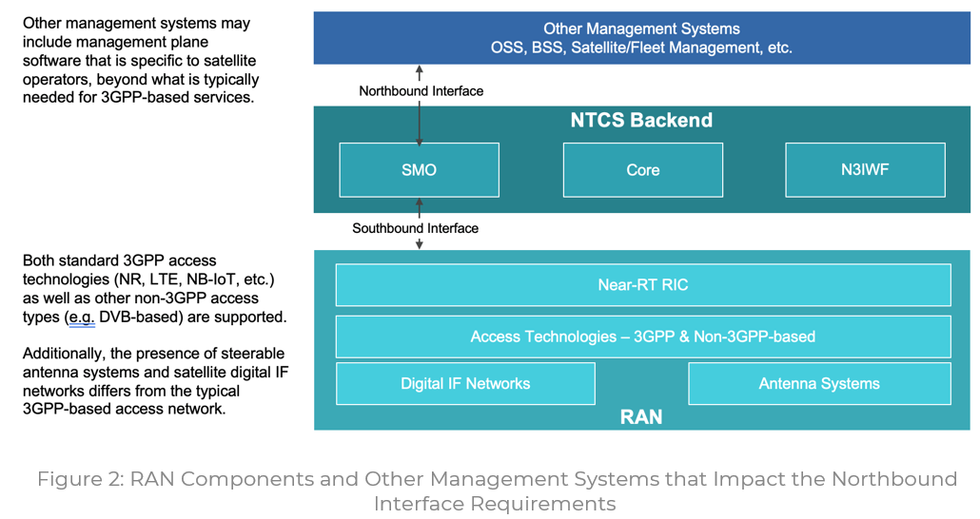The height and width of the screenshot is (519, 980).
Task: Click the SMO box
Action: pyautogui.click(x=419, y=170)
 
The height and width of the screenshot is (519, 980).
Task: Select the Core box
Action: pyautogui.click(x=642, y=170)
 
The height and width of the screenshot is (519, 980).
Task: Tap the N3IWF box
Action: pyautogui.click(x=865, y=170)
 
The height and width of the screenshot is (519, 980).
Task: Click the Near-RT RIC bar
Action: pyautogui.click(x=642, y=285)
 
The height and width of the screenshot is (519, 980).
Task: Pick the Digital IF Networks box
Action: pyautogui.click(x=465, y=384)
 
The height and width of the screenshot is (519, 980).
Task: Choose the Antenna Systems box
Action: pyautogui.click(x=818, y=384)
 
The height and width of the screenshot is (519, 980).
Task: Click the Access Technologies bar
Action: pyautogui.click(x=642, y=336)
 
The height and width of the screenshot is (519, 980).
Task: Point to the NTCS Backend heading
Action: pyautogui.click(x=641, y=121)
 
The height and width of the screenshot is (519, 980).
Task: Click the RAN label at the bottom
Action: pyautogui.click(x=641, y=417)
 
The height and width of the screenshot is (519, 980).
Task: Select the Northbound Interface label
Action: pyautogui.click(x=421, y=91)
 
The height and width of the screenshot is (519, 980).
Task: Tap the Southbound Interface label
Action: pyautogui.click(x=415, y=228)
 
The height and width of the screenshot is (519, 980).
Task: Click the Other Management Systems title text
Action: pyautogui.click(x=641, y=29)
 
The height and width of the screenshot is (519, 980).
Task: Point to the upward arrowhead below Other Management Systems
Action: pyautogui.click(x=420, y=69)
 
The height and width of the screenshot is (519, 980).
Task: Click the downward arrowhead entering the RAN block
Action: pyautogui.click(x=420, y=245)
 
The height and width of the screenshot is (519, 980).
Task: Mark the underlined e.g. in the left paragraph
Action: pyautogui.click(x=79, y=317)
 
